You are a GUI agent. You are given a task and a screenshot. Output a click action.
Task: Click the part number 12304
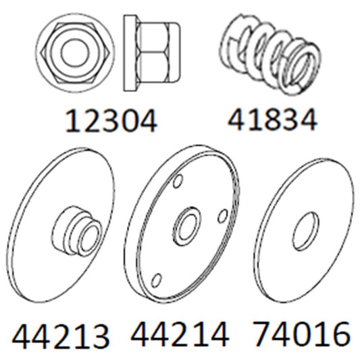click(x=111, y=122)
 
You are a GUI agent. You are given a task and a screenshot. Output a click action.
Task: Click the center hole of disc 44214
click(x=185, y=229)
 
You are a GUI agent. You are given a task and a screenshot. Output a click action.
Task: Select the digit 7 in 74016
click(x=265, y=334)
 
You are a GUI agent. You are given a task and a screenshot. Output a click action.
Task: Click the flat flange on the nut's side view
click(x=128, y=51)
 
